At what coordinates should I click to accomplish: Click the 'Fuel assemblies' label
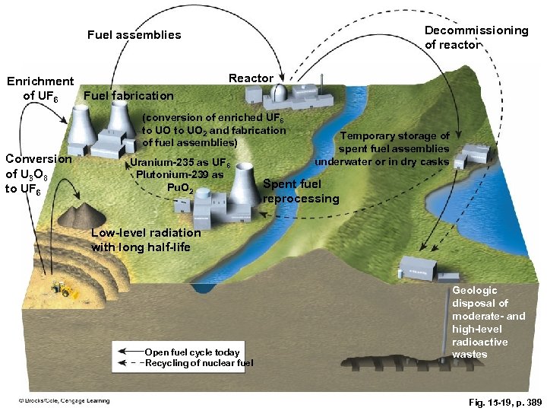click(134, 35)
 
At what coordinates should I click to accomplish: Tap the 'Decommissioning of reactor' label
click(476, 37)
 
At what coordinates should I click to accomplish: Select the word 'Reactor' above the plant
click(251, 78)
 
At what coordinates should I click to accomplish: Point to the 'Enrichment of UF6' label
click(40, 88)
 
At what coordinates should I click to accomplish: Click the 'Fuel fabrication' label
click(128, 96)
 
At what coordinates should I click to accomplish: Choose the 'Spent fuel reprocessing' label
click(301, 191)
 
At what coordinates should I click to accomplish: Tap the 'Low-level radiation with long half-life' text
click(146, 240)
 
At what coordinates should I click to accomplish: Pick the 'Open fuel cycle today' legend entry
click(191, 352)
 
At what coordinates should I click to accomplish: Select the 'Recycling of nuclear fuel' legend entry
click(199, 364)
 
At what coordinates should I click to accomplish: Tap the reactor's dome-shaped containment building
click(280, 93)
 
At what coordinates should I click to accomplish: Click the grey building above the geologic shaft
click(417, 266)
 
